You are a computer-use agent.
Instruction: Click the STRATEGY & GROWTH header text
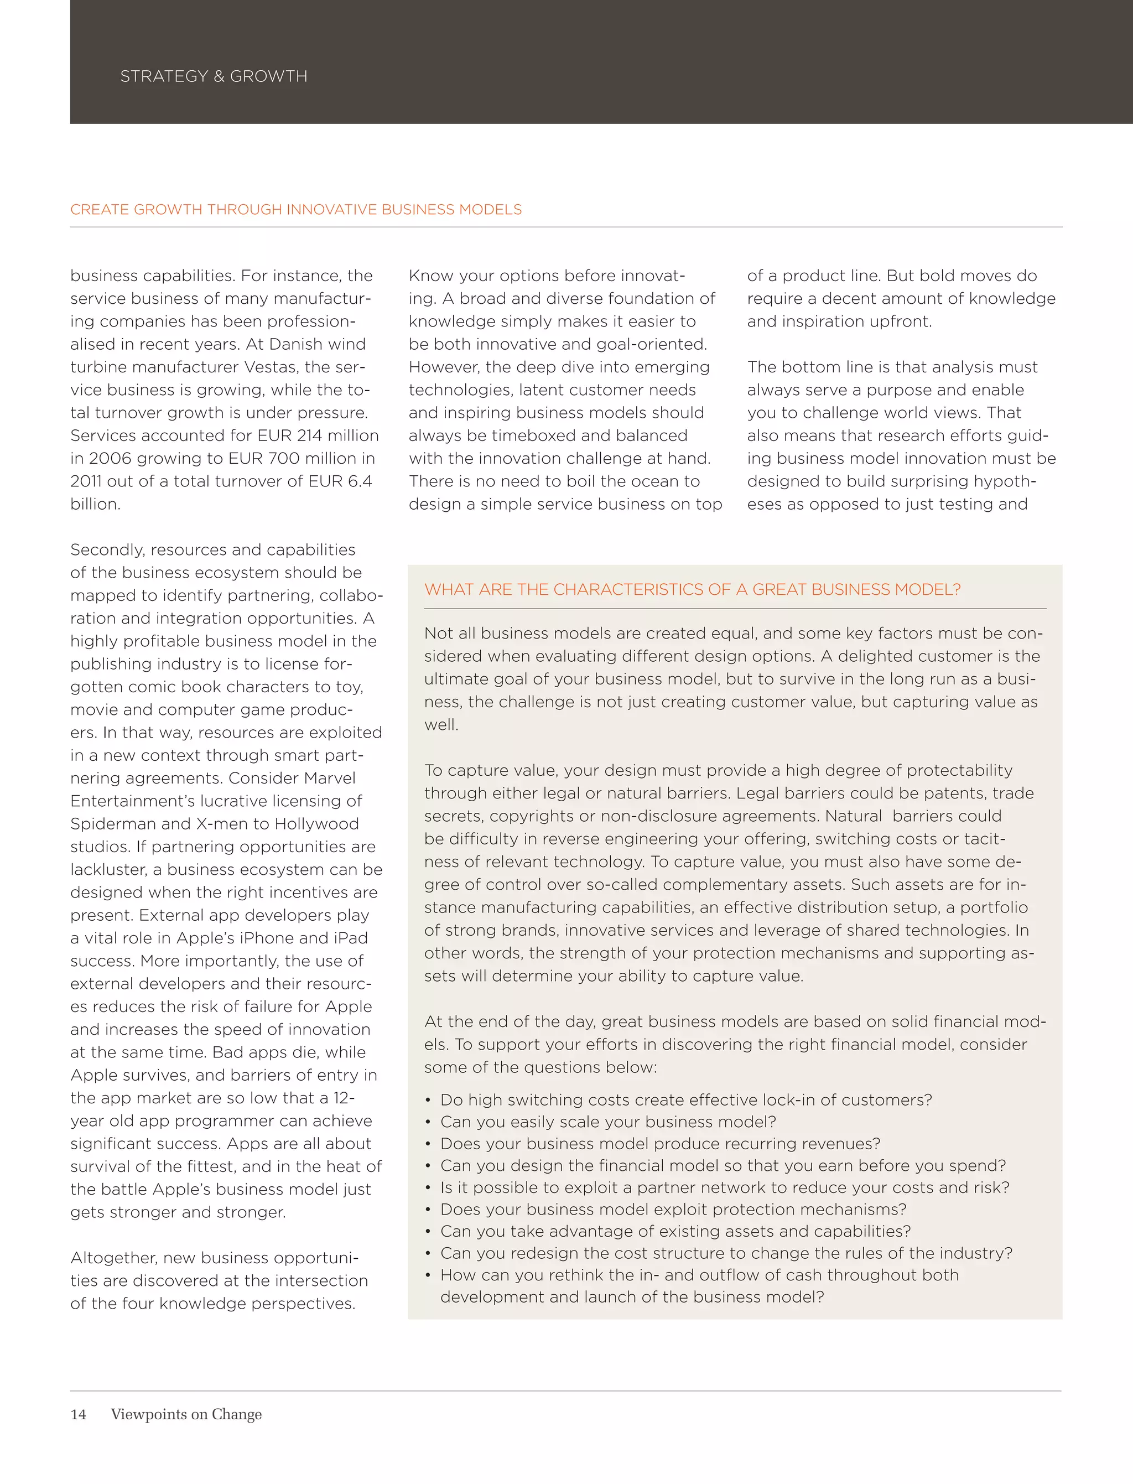(x=213, y=76)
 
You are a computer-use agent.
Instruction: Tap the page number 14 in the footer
(x=78, y=1414)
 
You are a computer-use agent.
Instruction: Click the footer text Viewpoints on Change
(x=186, y=1414)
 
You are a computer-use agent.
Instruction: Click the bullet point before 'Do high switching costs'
(x=428, y=1100)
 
